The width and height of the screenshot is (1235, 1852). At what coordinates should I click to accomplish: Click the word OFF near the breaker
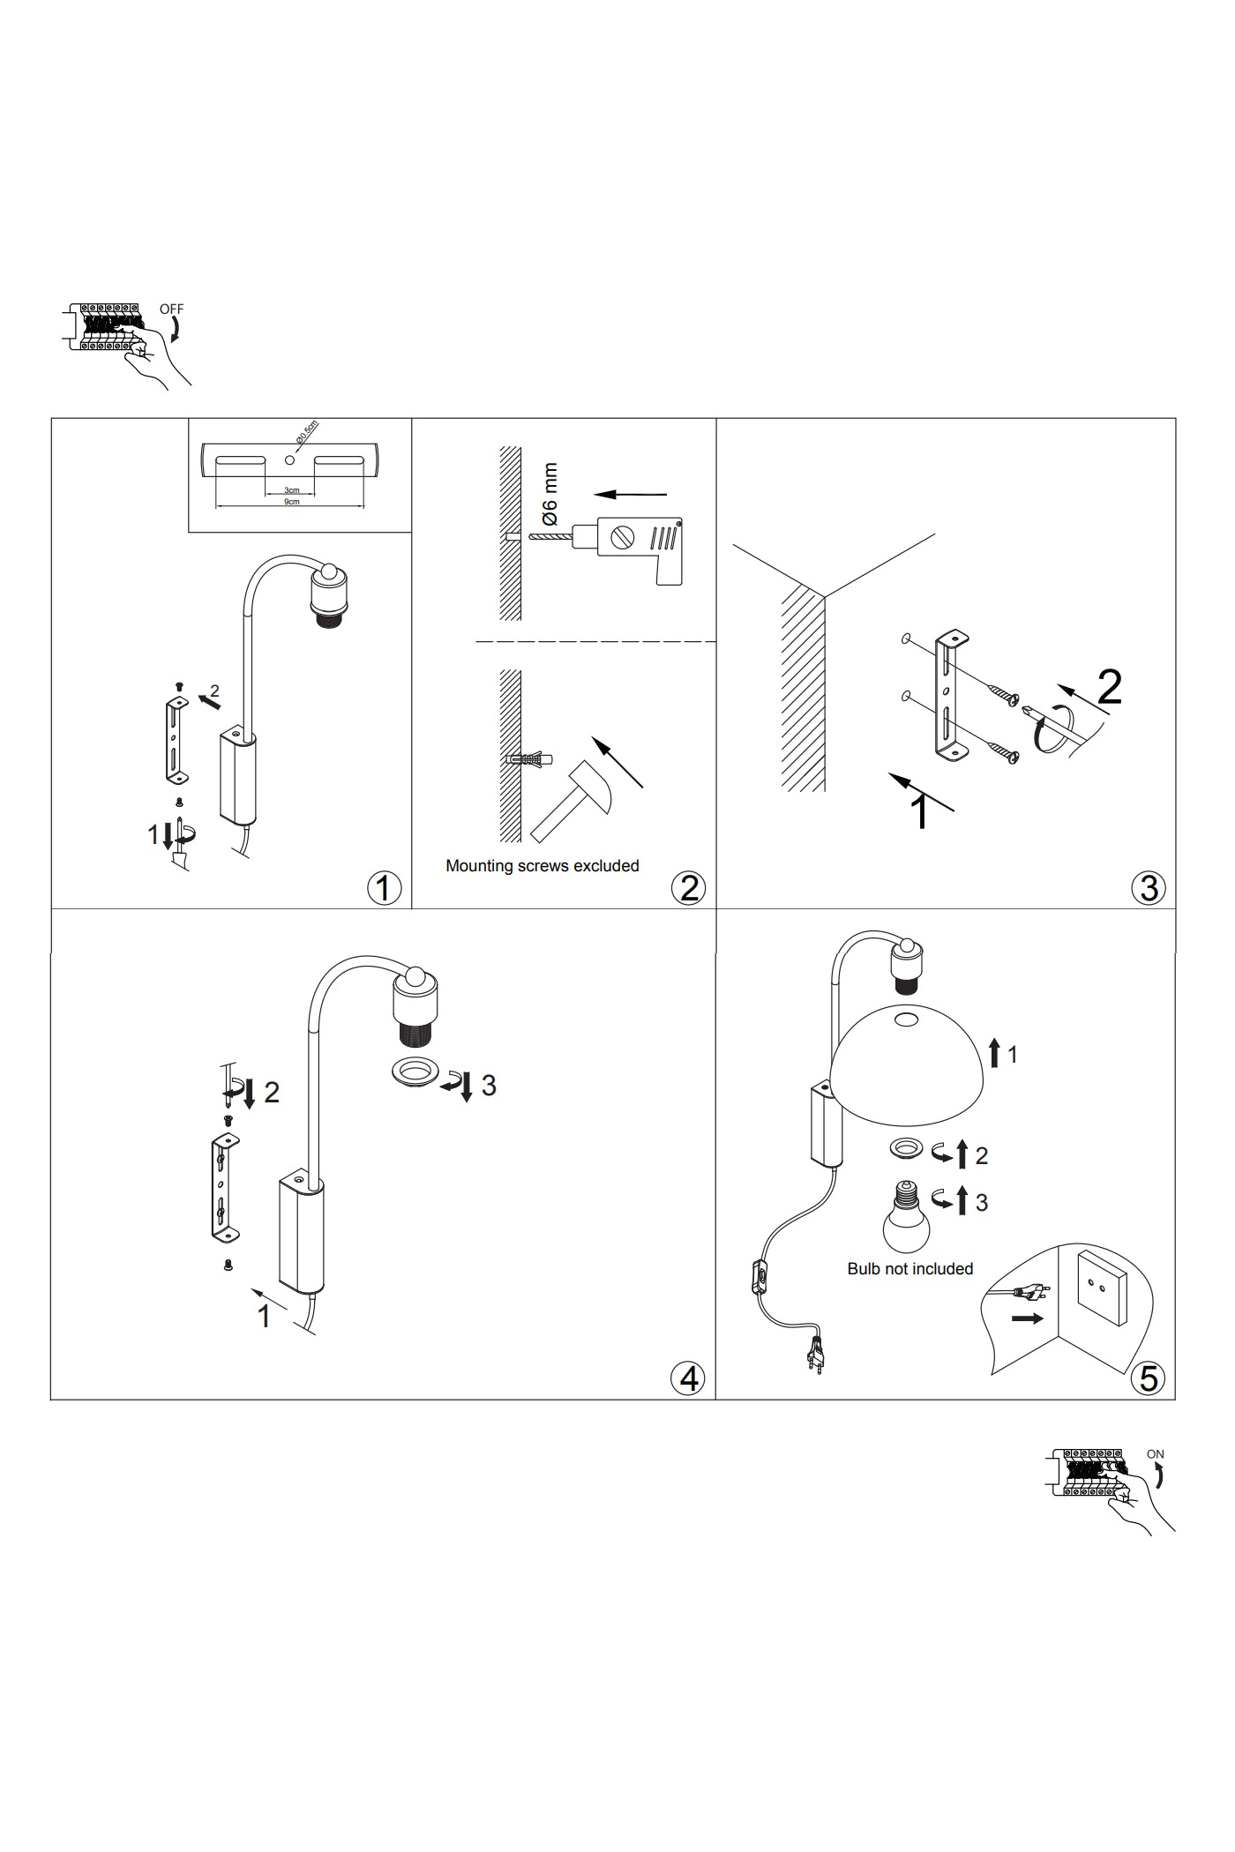tap(171, 310)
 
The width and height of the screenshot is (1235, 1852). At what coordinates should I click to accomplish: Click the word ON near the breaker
tap(1155, 1454)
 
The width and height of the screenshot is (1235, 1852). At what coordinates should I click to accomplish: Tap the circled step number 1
tap(384, 887)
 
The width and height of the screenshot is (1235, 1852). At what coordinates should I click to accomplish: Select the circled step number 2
tap(688, 887)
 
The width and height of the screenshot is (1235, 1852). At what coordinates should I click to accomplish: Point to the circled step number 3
tap(1148, 887)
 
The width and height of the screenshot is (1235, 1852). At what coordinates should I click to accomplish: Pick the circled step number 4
tap(688, 1378)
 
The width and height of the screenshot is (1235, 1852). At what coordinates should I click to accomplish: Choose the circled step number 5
tap(1148, 1378)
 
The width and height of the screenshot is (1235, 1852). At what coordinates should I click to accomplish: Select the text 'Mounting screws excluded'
tap(542, 866)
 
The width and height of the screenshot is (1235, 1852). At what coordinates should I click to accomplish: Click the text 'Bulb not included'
tap(909, 1269)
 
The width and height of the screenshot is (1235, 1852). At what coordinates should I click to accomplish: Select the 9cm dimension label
tap(291, 502)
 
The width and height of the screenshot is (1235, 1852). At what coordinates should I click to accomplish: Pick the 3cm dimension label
tap(291, 490)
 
